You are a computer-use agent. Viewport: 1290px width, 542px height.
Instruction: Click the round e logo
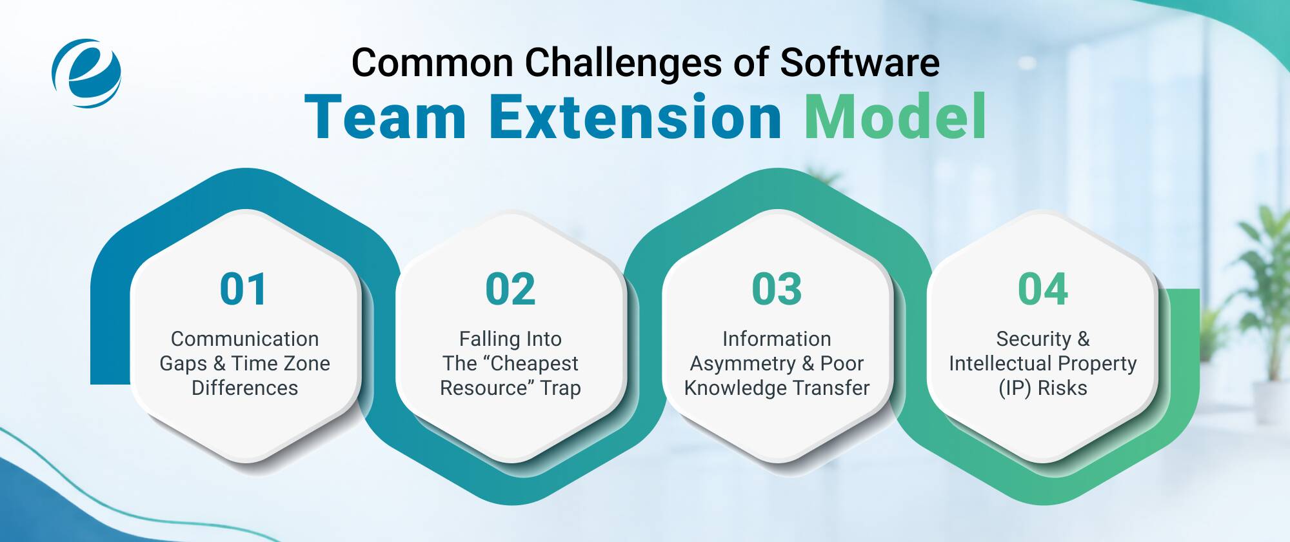[86, 73]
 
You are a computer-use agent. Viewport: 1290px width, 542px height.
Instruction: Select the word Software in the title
[860, 63]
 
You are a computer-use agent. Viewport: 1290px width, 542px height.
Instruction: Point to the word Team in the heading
[385, 117]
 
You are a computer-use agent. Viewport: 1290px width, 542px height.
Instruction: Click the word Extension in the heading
[635, 117]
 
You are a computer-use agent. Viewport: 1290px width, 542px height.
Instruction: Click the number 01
[243, 289]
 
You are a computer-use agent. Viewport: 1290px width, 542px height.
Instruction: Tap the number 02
[510, 289]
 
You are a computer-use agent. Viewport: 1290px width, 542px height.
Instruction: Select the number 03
[777, 289]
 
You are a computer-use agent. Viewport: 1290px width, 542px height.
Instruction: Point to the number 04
[1043, 289]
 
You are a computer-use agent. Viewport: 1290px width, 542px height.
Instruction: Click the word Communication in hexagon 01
[245, 339]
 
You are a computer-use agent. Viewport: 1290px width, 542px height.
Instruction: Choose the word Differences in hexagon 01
[245, 388]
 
